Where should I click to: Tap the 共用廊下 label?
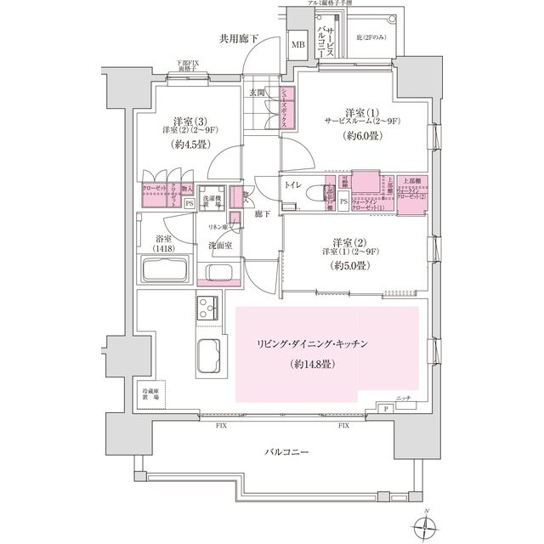point(238,39)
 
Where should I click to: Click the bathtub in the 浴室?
point(167,272)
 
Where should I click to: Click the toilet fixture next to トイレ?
point(324,193)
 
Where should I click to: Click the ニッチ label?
point(404,399)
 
